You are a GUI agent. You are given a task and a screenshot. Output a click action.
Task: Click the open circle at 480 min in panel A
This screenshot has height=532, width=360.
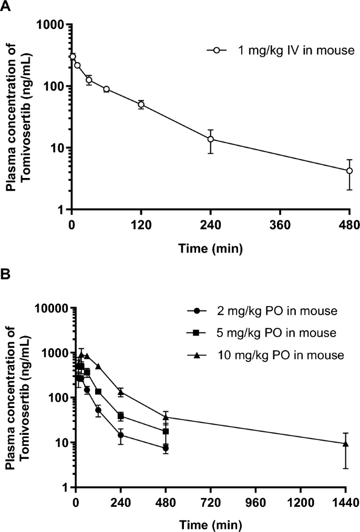pyautogui.click(x=349, y=171)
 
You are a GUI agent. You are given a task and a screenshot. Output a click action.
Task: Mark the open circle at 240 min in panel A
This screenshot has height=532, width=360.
pyautogui.click(x=210, y=139)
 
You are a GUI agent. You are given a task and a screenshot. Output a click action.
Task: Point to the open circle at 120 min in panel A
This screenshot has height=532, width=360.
pyautogui.click(x=141, y=105)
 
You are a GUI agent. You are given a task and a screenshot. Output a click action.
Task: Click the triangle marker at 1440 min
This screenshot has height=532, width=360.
pyautogui.click(x=345, y=444)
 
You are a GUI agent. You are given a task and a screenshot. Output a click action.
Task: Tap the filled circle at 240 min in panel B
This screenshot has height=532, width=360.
pyautogui.click(x=121, y=435)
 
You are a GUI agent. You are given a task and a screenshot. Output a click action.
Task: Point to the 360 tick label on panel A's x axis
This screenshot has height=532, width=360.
pyautogui.click(x=280, y=226)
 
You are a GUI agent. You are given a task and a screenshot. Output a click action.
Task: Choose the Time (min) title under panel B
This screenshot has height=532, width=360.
pyautogui.click(x=210, y=524)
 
